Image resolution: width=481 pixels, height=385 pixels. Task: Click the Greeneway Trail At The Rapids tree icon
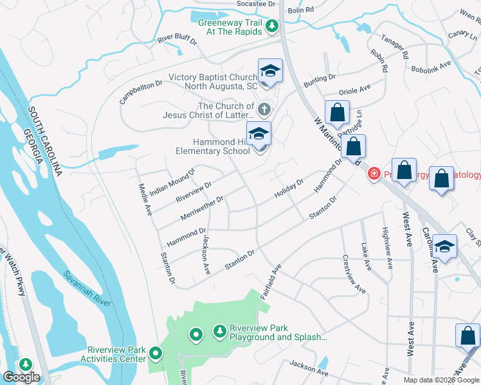(x=272, y=26)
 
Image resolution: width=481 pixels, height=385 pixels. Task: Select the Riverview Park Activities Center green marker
(x=156, y=354)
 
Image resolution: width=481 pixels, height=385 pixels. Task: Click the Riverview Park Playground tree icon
(x=221, y=330)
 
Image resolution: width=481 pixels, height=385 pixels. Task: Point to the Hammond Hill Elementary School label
(x=213, y=146)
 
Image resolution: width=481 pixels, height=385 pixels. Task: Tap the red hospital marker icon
(x=373, y=174)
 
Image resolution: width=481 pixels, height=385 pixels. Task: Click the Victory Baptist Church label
(x=213, y=81)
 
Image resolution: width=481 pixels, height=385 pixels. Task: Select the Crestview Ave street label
(x=354, y=275)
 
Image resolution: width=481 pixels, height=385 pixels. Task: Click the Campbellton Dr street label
(x=141, y=92)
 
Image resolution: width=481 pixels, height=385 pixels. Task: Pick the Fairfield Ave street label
(x=271, y=282)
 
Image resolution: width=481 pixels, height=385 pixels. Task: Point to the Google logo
(x=21, y=377)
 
